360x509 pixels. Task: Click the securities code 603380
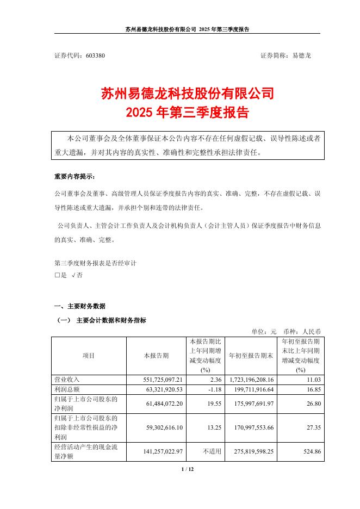point(95,55)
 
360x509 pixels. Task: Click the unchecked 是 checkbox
point(57,276)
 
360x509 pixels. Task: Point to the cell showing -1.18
point(213,389)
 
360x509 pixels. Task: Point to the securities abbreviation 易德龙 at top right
point(301,55)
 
